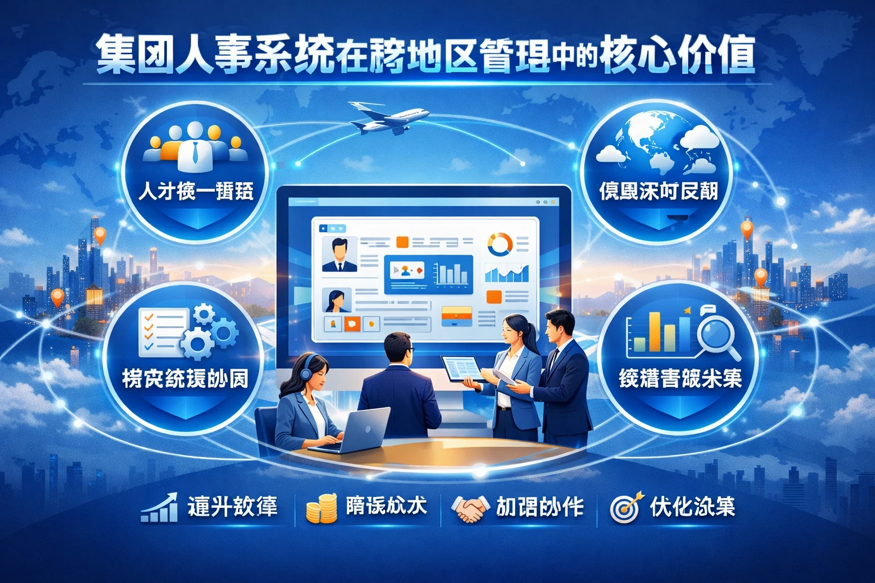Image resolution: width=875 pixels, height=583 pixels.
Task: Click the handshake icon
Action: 470,507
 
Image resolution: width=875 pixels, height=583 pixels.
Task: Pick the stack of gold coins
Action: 322,508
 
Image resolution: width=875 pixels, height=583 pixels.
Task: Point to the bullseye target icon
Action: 625,507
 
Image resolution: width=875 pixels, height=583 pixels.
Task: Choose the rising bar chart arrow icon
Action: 160,508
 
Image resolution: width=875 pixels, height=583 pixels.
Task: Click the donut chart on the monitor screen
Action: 500,244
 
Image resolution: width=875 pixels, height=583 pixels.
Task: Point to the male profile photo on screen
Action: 340,254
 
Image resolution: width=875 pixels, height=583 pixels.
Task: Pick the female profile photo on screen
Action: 337,300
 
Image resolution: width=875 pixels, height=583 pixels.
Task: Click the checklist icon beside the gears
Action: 163,329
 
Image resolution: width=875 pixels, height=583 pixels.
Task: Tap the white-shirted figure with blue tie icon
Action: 195,149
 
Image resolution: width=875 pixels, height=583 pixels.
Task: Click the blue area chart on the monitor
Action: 506,274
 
